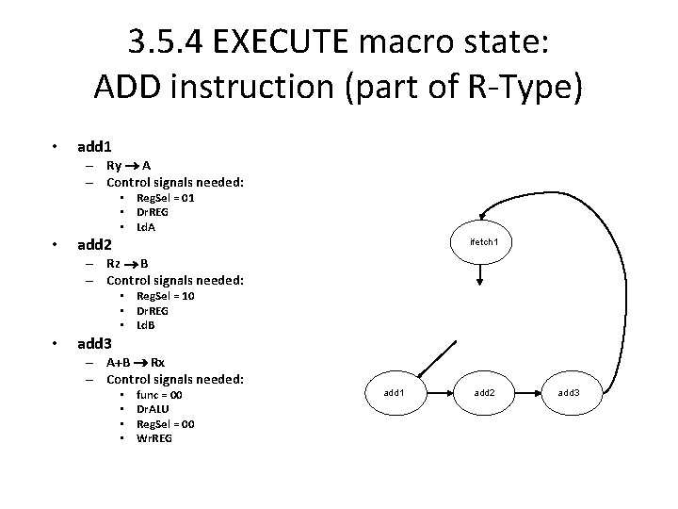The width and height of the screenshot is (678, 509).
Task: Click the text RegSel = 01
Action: tap(166, 198)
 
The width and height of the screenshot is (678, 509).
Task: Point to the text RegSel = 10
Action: tap(166, 296)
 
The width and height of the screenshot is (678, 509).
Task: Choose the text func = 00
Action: tap(159, 394)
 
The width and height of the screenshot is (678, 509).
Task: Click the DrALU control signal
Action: tap(153, 409)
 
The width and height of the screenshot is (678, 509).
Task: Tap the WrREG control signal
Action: tap(155, 438)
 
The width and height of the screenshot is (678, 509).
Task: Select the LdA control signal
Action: tap(146, 227)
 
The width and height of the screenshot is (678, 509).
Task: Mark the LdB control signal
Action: tap(146, 325)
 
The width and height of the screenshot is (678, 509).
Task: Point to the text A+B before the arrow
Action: tap(118, 362)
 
